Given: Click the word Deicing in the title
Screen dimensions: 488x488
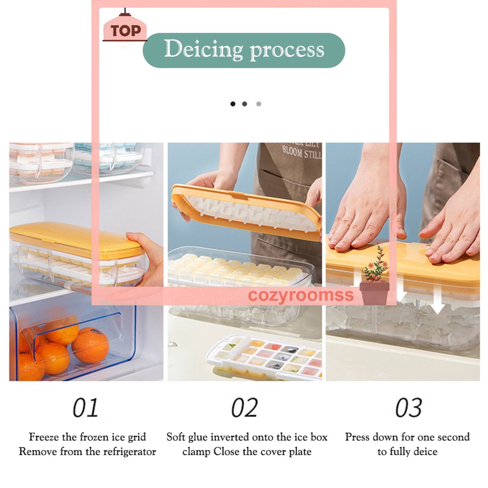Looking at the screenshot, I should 203,50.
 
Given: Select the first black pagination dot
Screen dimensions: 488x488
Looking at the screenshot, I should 233,103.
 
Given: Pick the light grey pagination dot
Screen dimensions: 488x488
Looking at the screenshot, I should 258,103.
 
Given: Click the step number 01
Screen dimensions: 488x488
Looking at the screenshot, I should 85,408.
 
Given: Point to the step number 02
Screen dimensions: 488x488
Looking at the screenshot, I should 244,408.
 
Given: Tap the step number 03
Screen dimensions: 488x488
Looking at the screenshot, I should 408,408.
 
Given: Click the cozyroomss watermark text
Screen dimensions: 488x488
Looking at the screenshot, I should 301,295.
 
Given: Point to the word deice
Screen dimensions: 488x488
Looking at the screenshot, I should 426,452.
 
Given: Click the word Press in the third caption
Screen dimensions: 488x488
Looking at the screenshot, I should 358,437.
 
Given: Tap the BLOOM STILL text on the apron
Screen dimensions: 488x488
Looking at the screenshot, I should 302,152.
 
